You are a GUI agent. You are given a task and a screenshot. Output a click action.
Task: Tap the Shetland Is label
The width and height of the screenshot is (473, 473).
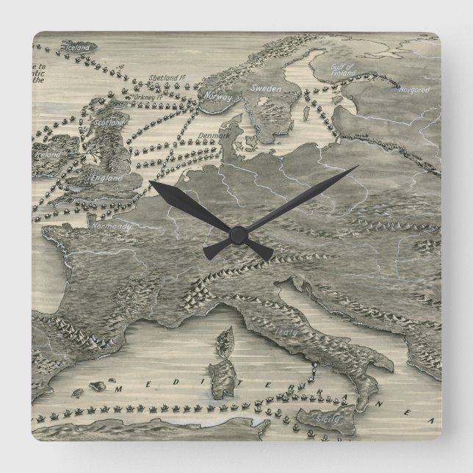165,78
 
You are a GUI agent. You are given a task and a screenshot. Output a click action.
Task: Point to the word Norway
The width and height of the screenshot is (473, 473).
217,97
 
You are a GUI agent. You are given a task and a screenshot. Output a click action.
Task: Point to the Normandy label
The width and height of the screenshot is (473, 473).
112,228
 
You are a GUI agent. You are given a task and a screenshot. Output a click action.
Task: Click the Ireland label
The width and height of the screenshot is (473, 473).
44,156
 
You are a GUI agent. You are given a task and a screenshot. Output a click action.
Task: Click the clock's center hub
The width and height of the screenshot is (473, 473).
236,234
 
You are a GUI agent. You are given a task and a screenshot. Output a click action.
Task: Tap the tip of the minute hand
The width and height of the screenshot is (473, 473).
357,167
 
